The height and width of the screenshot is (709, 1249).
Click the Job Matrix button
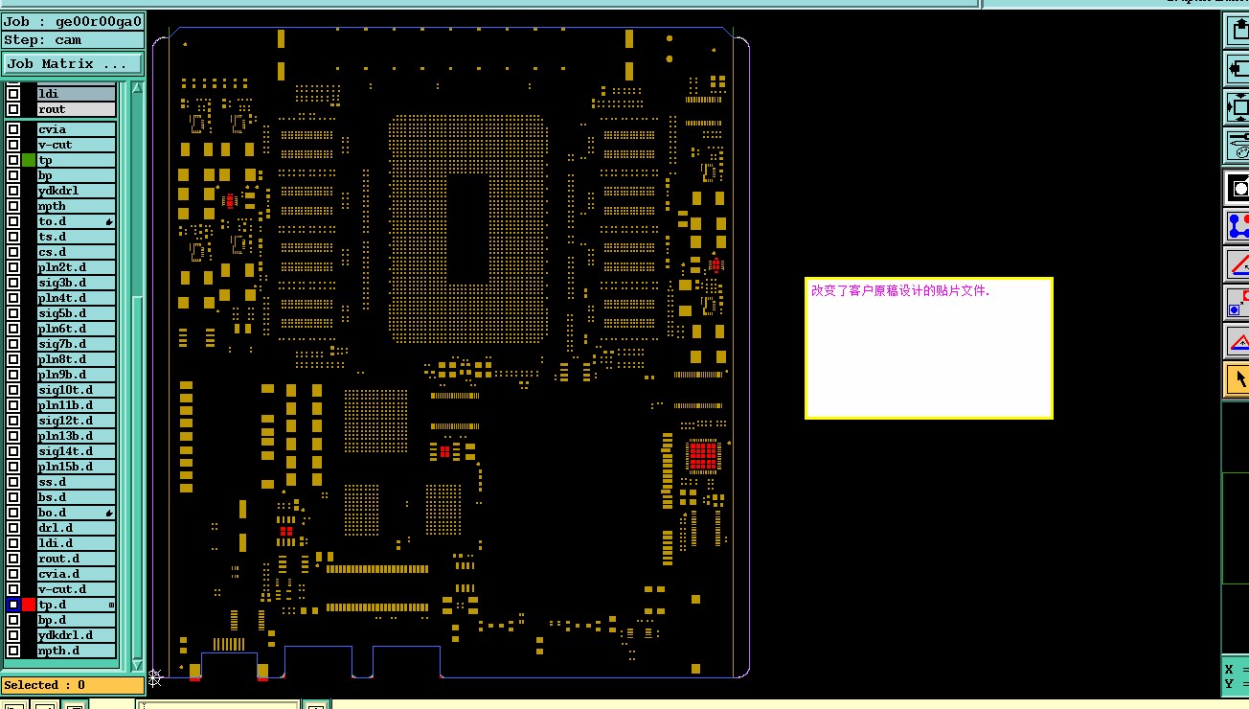click(73, 64)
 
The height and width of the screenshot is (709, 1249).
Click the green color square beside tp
click(29, 160)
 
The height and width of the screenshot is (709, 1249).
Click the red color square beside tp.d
click(29, 605)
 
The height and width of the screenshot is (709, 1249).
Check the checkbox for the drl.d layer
click(13, 528)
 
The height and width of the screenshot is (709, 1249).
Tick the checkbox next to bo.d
click(13, 513)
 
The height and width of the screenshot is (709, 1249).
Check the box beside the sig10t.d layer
click(13, 390)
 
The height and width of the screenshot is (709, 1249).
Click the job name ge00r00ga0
click(99, 21)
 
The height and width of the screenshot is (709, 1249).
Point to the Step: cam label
click(43, 40)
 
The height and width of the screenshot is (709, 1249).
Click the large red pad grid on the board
click(703, 456)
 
